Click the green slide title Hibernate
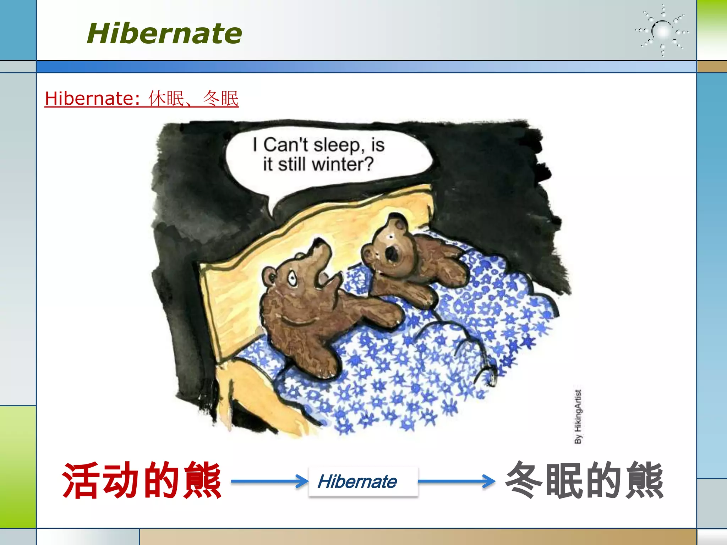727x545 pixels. [164, 33]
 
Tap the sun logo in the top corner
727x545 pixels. [662, 31]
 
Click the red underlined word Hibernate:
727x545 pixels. [92, 98]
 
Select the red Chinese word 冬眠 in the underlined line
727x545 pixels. [220, 98]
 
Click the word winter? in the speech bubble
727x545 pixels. [343, 164]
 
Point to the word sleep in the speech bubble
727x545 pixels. [337, 145]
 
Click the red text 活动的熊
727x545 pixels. [141, 481]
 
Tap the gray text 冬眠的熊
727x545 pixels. [584, 481]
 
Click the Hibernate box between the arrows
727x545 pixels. [363, 481]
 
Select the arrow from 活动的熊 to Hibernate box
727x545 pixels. [270, 481]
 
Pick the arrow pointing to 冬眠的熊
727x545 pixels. [457, 481]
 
